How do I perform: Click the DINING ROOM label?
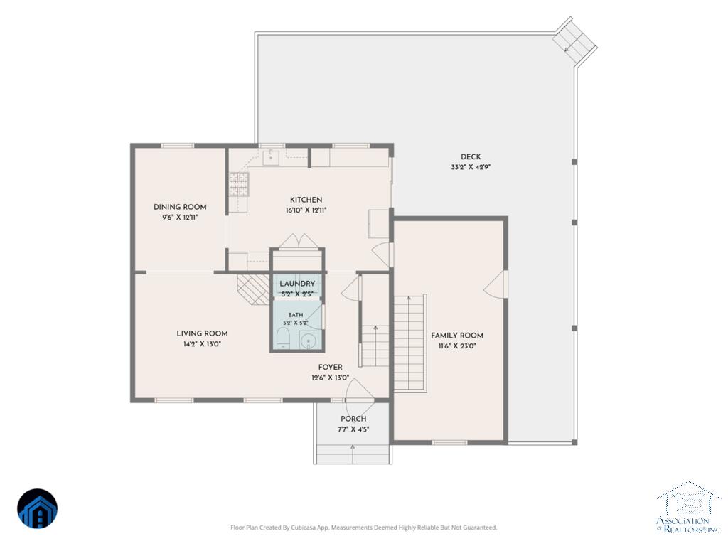180,207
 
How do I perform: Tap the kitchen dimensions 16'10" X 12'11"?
306,210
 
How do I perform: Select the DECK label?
471,157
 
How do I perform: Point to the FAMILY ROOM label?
457,336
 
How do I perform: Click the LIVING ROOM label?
202,333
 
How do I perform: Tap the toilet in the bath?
283,338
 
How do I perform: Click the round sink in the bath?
307,341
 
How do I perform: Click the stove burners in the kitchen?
239,184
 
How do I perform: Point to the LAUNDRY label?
297,284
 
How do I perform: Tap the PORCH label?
353,419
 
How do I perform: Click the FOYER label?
330,368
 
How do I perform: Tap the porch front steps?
353,454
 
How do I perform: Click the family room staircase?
409,343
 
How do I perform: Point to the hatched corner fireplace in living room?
254,289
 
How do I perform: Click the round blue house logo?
38,509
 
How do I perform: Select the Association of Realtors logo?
688,507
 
